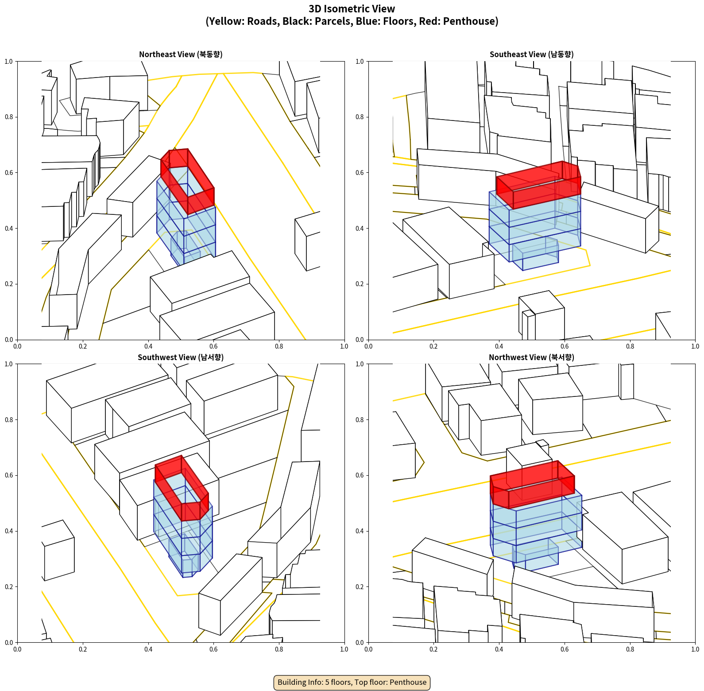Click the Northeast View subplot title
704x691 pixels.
181,54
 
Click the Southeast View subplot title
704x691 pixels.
531,54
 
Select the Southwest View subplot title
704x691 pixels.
181,357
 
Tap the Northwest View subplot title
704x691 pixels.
531,357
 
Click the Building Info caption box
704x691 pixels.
352,682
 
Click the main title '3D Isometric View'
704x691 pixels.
352,9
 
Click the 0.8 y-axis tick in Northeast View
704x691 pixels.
9,117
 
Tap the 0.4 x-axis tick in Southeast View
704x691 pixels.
499,346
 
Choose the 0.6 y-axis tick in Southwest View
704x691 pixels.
9,475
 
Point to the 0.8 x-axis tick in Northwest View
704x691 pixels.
630,649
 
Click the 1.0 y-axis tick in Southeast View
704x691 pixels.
360,62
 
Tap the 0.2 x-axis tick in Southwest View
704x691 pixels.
83,649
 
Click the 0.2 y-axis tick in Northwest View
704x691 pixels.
360,587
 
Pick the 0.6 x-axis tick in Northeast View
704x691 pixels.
213,346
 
